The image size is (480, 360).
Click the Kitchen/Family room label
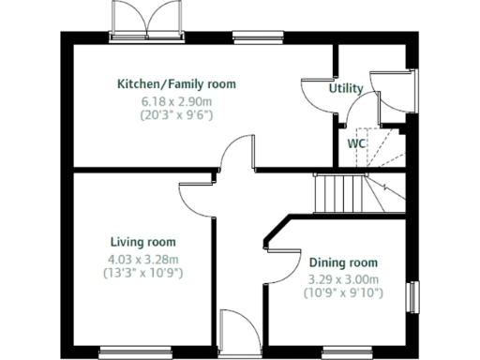[x=176, y=84]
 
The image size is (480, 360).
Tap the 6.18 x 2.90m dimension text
[x=176, y=100]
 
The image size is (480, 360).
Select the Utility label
[x=345, y=88]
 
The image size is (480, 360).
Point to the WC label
[x=356, y=144]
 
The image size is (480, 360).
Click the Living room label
[x=142, y=242]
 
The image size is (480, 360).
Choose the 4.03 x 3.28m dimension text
[x=142, y=259]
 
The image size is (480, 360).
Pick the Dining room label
[x=343, y=262]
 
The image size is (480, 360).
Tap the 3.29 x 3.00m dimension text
[x=343, y=279]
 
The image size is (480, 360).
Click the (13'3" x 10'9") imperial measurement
[x=142, y=274]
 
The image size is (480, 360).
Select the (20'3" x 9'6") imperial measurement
[x=176, y=115]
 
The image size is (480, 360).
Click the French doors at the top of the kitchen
[x=143, y=21]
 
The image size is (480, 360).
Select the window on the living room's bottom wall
[x=135, y=352]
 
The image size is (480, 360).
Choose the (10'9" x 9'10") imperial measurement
[x=343, y=294]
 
